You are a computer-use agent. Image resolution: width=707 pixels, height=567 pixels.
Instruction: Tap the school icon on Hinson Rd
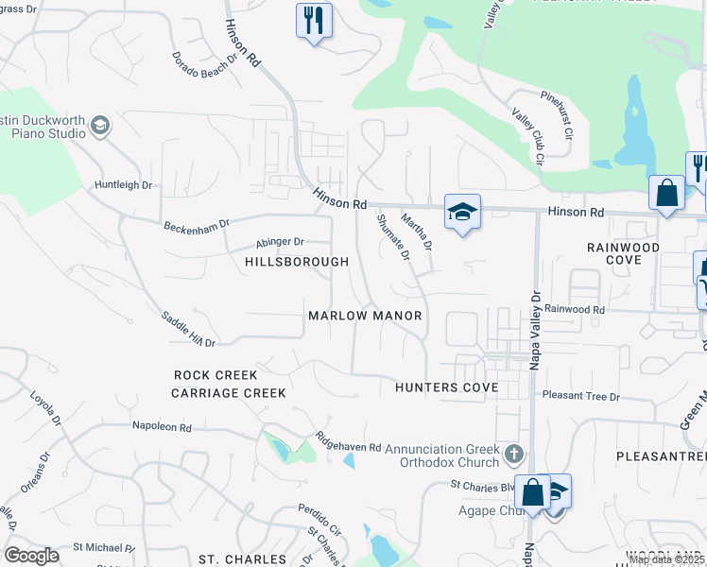[x=462, y=213]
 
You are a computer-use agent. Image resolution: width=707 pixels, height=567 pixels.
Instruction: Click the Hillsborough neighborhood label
[x=297, y=261]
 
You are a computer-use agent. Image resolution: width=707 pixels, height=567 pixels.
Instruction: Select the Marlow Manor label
[x=365, y=316]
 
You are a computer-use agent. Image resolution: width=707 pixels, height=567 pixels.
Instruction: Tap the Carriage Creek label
[x=229, y=393]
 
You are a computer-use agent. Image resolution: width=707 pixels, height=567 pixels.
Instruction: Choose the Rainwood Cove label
[x=622, y=253]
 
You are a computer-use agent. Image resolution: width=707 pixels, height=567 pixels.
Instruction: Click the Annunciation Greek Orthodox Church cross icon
[x=513, y=455]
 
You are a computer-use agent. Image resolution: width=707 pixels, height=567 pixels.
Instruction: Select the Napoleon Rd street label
[x=162, y=427]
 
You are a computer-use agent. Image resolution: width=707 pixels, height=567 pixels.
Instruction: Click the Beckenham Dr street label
[x=197, y=227]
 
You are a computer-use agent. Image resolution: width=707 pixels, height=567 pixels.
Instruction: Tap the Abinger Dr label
[x=279, y=242]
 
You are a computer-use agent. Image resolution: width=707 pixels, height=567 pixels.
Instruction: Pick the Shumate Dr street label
[x=393, y=236]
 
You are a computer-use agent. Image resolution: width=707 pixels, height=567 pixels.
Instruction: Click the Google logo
[x=31, y=556]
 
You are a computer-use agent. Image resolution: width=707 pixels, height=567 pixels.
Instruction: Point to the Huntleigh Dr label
[x=123, y=185]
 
